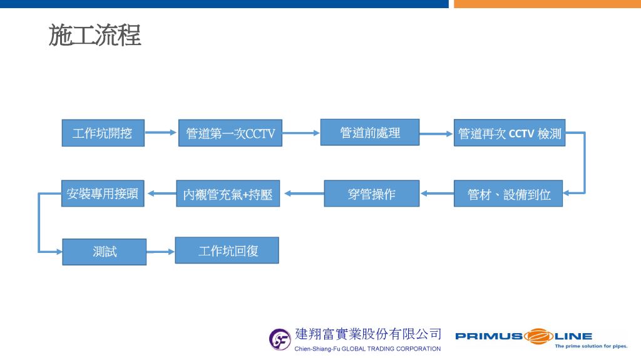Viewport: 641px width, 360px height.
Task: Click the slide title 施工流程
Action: coord(95,35)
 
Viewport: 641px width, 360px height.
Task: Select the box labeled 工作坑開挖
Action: coord(103,133)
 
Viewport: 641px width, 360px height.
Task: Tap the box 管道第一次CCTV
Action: coord(230,133)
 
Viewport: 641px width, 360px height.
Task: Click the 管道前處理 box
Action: coord(370,132)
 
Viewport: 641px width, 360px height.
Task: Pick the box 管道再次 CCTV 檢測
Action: coord(510,133)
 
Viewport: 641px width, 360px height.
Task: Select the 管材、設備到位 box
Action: coord(508,193)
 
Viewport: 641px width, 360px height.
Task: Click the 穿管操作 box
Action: coord(372,193)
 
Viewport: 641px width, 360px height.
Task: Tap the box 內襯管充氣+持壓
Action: coord(228,193)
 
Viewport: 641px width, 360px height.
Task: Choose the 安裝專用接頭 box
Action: coord(103,193)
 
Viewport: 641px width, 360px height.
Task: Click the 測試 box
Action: coord(105,252)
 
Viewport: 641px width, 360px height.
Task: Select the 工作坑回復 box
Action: coord(227,250)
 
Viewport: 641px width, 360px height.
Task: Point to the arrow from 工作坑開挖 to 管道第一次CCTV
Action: coord(161,133)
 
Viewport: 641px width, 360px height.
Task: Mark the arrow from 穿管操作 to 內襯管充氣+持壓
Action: coord(304,193)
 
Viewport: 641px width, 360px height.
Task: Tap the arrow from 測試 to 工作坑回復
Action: coord(161,252)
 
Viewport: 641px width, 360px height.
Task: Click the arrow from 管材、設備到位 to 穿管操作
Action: coord(437,193)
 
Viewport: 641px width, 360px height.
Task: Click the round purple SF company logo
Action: coord(280,339)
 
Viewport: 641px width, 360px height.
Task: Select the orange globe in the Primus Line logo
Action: coord(538,336)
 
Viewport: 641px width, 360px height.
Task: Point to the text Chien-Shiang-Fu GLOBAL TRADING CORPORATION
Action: coord(367,349)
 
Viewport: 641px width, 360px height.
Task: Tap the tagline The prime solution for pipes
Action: coord(591,346)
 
